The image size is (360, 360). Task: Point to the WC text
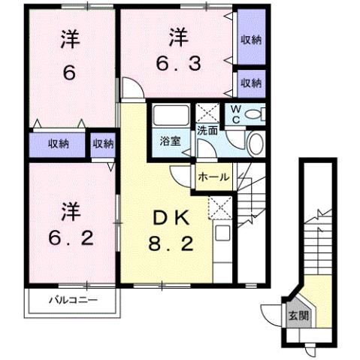tap(235, 114)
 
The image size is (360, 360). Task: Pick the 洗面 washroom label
tap(207, 129)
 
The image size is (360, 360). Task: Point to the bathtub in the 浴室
tap(170, 117)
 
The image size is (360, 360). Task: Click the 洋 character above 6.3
tap(178, 35)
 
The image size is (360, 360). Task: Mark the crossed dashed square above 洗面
tap(206, 113)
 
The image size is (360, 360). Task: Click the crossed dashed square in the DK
tap(220, 204)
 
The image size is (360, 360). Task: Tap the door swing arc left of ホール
tap(181, 176)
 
